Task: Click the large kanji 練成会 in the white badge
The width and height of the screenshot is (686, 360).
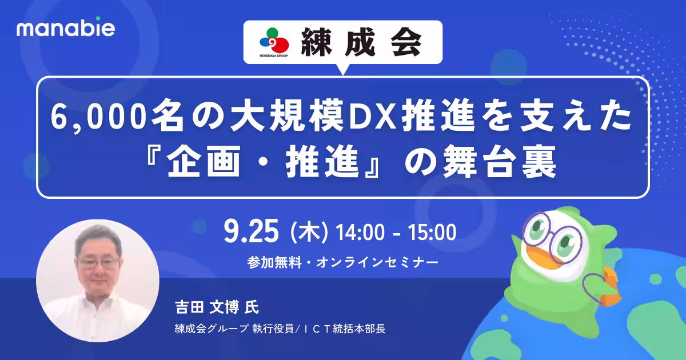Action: pos(361,42)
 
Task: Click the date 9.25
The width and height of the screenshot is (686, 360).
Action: pos(252,233)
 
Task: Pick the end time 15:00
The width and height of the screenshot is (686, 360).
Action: pos(432,233)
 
